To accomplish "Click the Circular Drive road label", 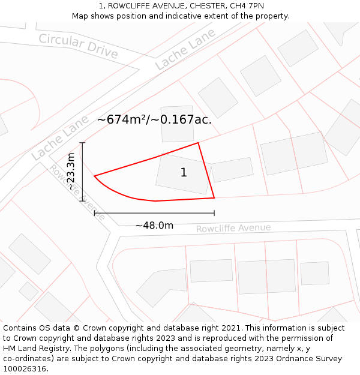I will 79,46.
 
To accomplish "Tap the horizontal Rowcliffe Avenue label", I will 233,229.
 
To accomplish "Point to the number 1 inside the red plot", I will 184,173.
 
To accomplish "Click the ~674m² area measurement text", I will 122,119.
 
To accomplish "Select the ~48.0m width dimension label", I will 154,226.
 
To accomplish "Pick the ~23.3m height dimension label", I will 71,172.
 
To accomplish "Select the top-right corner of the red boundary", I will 198,143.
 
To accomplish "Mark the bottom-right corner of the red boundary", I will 214,197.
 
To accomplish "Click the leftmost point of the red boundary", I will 95,176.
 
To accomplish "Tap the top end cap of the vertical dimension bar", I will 83,143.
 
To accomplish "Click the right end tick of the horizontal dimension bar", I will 214,213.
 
